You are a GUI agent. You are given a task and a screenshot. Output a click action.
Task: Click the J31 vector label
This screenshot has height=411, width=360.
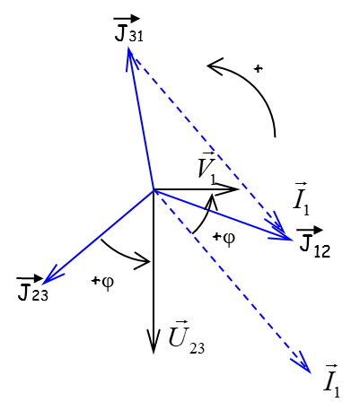coord(127,29)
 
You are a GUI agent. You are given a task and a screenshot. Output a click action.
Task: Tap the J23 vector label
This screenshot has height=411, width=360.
coord(31,287)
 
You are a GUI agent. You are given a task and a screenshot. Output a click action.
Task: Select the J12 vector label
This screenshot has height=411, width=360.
coord(312,243)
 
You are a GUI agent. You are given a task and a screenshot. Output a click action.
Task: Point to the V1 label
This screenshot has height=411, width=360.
coord(207,168)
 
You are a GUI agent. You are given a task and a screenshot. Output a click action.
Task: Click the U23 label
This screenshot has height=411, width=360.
coord(187,337)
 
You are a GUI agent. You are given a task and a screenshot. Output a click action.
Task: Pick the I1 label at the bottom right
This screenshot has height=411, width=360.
coord(332,380)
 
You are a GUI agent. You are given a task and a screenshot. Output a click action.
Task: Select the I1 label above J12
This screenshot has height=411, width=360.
coord(302,198)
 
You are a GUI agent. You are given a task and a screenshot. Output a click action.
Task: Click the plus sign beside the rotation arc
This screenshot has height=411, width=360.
coord(258,69)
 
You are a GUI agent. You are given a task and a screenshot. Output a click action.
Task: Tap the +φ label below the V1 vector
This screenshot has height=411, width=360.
coord(224,238)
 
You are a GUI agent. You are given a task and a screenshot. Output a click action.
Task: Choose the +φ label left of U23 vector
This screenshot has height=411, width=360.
coord(102,282)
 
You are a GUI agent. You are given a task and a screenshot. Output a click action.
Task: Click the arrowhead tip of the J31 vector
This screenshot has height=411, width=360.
coord(129,48)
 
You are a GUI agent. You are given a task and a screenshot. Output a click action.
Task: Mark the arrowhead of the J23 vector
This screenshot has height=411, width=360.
coord(44,284)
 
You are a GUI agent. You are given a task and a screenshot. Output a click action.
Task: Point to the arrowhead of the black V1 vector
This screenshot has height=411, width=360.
coord(239,188)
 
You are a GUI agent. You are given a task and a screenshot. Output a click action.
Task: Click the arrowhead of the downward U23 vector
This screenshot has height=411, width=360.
coord(154,354)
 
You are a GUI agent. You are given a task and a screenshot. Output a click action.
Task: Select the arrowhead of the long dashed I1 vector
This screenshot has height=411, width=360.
coord(311,373)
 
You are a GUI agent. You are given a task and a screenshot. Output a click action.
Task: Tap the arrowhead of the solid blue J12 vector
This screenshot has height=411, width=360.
coord(292,240)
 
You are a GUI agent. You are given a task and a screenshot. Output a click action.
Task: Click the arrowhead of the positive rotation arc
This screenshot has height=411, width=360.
coord(207,66)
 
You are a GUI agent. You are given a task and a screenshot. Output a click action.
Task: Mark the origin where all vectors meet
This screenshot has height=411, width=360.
coord(154,189)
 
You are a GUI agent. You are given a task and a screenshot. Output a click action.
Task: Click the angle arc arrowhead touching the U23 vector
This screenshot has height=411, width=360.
coord(149,262)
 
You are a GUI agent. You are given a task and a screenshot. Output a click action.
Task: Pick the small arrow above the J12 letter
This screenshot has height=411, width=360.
coord(310,230)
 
